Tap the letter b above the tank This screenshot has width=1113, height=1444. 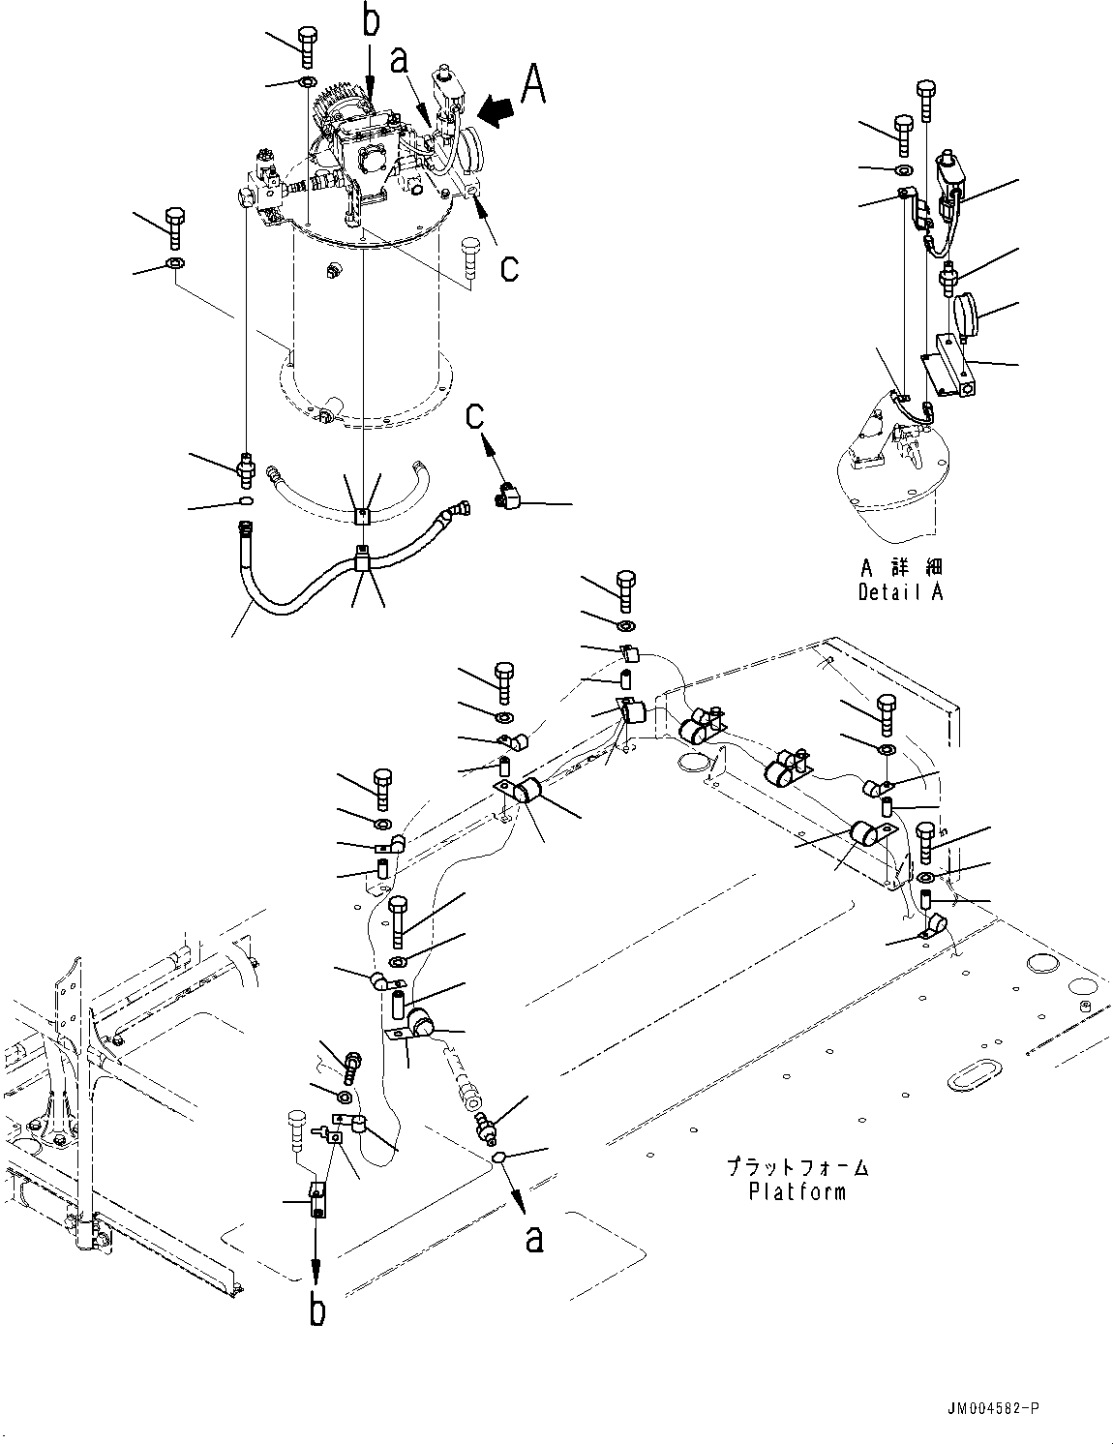click(371, 22)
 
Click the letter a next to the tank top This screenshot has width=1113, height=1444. click(398, 61)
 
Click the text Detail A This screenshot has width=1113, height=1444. click(900, 592)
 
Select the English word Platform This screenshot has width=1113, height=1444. click(797, 1191)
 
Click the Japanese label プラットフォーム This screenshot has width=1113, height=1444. click(797, 1168)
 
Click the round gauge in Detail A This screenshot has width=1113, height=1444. click(965, 315)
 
